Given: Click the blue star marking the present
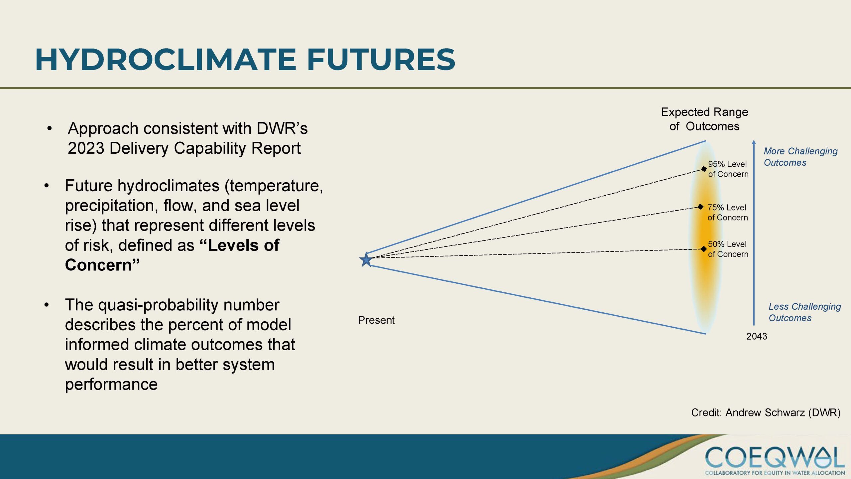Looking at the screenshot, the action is (x=366, y=259).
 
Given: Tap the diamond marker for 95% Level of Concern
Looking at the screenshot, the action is (x=704, y=169).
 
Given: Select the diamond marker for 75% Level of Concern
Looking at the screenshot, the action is (x=700, y=207).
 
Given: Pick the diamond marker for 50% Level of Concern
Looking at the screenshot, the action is (x=704, y=249).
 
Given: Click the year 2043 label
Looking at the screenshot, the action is (x=757, y=336).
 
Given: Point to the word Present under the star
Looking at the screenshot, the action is (x=376, y=320).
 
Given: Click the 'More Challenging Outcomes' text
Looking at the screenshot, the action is (x=800, y=157).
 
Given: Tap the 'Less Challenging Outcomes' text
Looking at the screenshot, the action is (x=804, y=312).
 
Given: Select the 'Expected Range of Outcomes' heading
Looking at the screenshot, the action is (x=704, y=119).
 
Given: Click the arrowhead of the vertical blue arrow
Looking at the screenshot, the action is (x=754, y=142).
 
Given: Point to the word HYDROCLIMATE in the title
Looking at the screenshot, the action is (x=166, y=60).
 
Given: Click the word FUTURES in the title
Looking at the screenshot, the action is (x=381, y=60).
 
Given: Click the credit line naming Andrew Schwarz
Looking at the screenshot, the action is (x=766, y=412).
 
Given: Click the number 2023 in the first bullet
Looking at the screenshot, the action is (x=86, y=148).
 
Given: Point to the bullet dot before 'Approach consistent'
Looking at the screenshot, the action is (x=50, y=128).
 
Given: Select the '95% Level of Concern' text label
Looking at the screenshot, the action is (x=728, y=169).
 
